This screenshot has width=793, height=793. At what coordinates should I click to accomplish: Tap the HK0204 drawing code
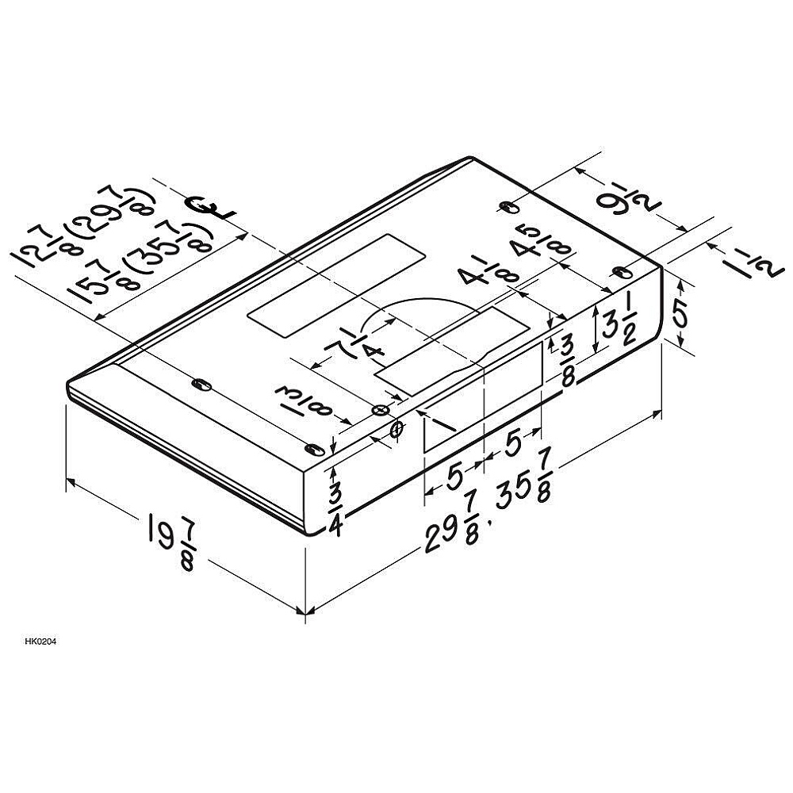(x=40, y=642)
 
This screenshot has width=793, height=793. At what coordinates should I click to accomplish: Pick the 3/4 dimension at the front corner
(x=335, y=509)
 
